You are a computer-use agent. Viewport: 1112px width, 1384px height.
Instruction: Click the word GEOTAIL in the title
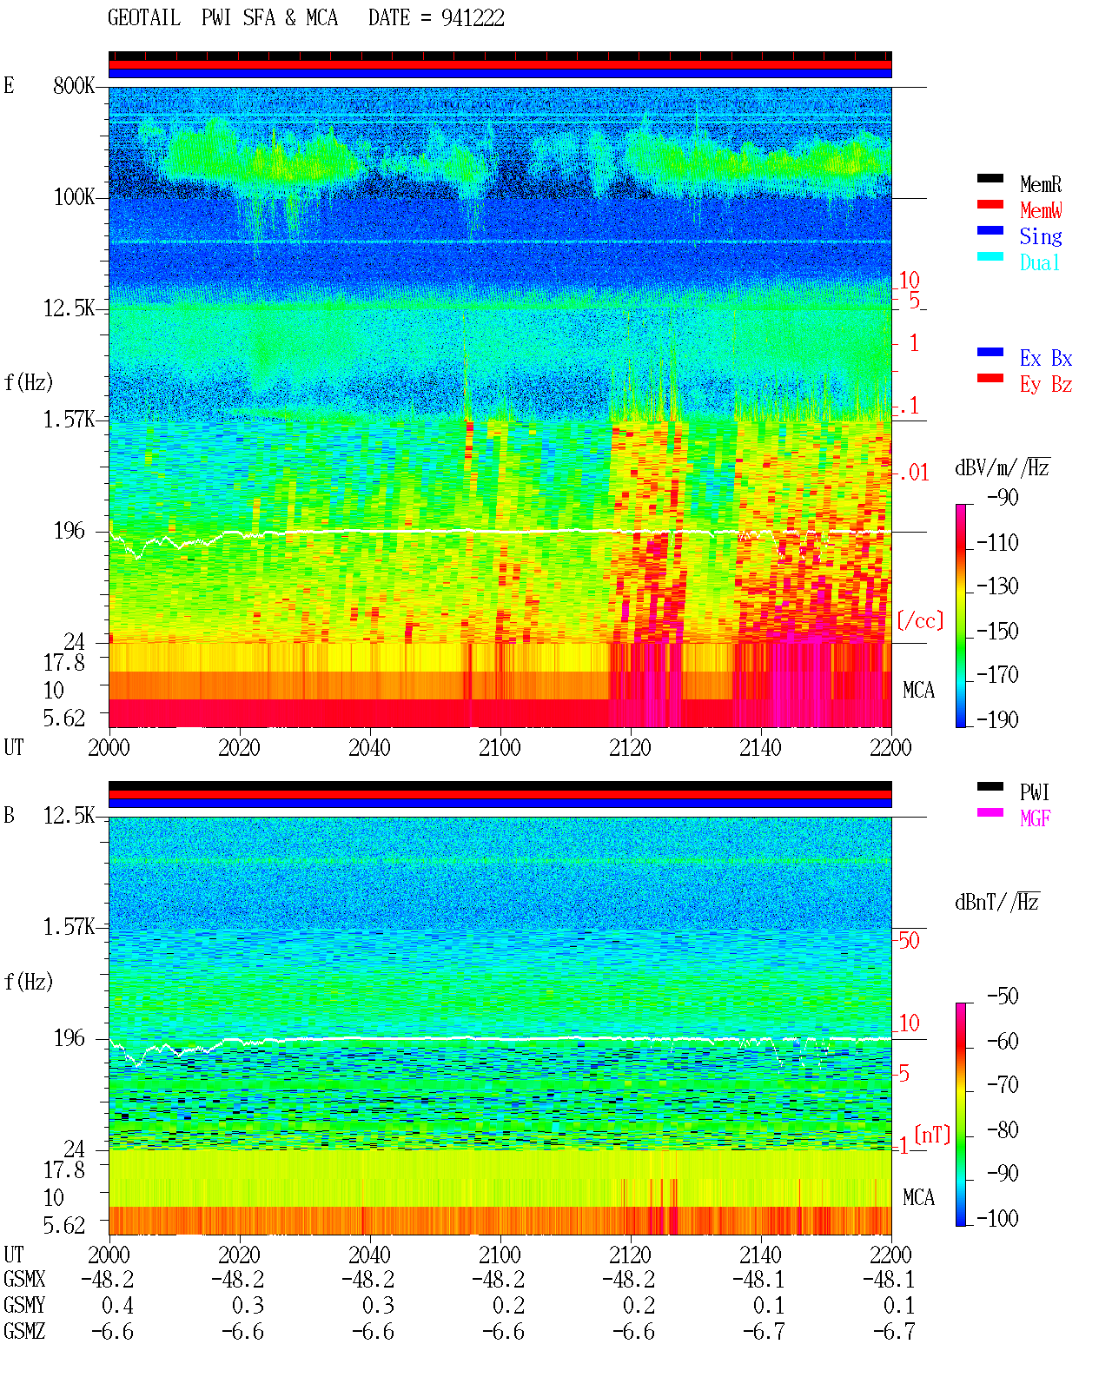(144, 18)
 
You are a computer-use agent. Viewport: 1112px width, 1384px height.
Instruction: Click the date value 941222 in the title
(473, 18)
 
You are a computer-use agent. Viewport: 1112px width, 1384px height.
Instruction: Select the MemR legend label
(1041, 184)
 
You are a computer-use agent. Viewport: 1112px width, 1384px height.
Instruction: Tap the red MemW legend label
(1041, 210)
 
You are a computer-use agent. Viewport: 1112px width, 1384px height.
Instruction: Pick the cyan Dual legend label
(1040, 262)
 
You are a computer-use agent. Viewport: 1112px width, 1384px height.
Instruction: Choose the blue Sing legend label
(1041, 236)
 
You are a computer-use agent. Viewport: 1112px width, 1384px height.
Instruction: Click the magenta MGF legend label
(1036, 818)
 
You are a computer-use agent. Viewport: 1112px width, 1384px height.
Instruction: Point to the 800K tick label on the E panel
(74, 85)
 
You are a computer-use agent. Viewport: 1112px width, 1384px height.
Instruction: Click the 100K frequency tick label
(74, 197)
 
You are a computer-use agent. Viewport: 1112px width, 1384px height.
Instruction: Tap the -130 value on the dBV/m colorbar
(997, 586)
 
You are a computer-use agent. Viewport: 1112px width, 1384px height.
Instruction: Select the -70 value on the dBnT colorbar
(1003, 1085)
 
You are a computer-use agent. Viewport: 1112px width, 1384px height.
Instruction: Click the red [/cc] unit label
(920, 620)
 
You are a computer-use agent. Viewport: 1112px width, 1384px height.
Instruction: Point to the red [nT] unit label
(932, 1135)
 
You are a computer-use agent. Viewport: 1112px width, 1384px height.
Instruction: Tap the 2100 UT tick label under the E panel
(500, 748)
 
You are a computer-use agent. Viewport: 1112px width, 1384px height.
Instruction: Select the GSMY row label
(24, 1305)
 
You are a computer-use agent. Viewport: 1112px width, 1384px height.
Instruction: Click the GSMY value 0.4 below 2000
(117, 1306)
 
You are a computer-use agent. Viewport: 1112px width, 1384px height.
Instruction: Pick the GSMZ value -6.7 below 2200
(893, 1331)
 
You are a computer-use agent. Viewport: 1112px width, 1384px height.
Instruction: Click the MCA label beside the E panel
(918, 691)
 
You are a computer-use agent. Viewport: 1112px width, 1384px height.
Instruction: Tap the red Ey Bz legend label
(1046, 385)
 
